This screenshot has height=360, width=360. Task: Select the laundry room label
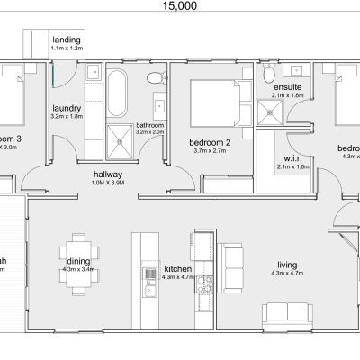67,108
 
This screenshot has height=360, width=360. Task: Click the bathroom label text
148,125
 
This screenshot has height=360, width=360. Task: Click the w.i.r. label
284,158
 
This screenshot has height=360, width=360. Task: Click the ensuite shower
268,111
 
